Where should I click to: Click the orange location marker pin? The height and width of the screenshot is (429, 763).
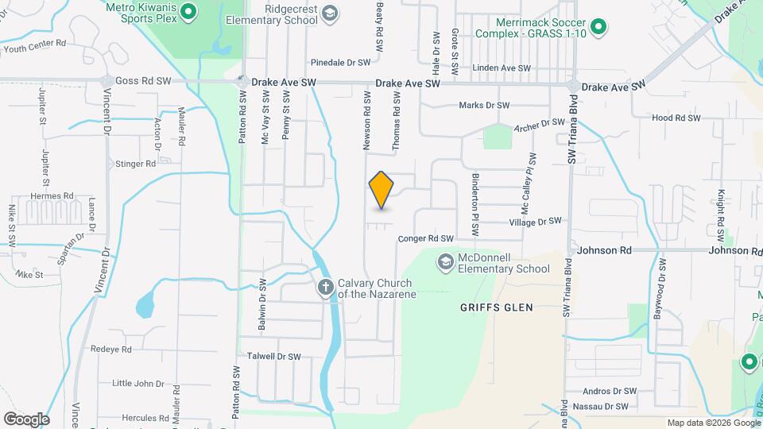click(x=381, y=189)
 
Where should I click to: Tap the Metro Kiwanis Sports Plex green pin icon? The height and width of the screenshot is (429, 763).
click(x=188, y=11)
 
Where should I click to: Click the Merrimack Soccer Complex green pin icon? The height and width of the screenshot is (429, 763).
click(x=601, y=29)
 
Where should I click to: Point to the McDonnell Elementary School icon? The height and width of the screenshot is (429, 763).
click(x=446, y=261)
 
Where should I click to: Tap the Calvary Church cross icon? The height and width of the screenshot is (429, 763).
click(x=325, y=288)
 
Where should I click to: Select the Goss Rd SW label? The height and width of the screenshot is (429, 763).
click(x=143, y=81)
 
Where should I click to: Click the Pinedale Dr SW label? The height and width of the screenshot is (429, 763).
click(x=341, y=62)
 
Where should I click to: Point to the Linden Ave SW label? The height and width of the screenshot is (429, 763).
click(x=501, y=68)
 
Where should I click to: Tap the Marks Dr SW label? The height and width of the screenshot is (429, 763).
click(x=484, y=105)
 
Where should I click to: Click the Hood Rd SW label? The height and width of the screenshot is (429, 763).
click(x=676, y=118)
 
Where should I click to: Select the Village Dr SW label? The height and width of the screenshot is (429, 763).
click(x=535, y=221)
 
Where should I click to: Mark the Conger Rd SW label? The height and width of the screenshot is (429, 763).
click(x=425, y=238)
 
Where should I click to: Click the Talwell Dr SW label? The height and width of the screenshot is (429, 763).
click(x=274, y=357)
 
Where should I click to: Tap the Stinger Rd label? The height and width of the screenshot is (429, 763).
click(x=135, y=164)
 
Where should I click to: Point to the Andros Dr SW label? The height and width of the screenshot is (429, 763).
click(x=610, y=391)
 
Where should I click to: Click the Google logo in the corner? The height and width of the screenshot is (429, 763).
click(x=26, y=419)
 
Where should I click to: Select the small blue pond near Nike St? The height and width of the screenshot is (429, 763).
click(x=145, y=304)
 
